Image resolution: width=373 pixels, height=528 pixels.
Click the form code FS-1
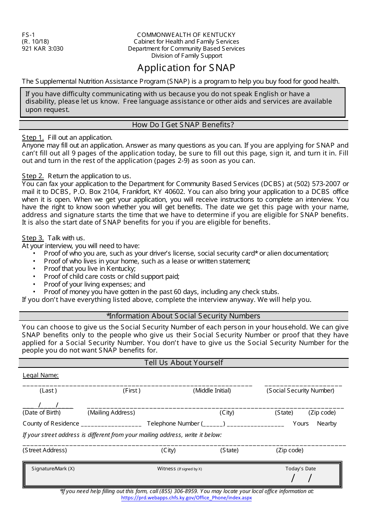point(28,35)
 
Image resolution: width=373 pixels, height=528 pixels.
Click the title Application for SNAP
point(186,68)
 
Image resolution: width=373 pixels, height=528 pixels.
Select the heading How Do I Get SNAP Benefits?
point(183,125)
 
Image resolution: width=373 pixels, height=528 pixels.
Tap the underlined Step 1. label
point(33,137)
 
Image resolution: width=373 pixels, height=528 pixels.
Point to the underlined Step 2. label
point(33,176)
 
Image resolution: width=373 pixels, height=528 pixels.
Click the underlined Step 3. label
point(33,238)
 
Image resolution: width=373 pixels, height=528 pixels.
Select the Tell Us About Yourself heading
point(183,363)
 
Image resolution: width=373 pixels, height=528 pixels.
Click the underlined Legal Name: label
point(40,375)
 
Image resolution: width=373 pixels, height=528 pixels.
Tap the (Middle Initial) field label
point(212,391)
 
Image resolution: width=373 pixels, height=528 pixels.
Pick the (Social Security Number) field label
point(300,391)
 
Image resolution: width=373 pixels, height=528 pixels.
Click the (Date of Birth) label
point(42,413)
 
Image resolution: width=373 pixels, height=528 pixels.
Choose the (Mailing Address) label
point(111,413)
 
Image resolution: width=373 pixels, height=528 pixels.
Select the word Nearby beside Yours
point(327,424)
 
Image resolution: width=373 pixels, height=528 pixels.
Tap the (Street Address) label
point(45,450)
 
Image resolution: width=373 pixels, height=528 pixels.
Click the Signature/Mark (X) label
point(53,469)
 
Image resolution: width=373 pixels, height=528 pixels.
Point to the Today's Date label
point(300,469)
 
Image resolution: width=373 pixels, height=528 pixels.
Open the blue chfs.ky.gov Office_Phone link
point(186,498)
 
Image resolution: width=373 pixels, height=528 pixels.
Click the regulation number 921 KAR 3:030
point(42,49)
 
